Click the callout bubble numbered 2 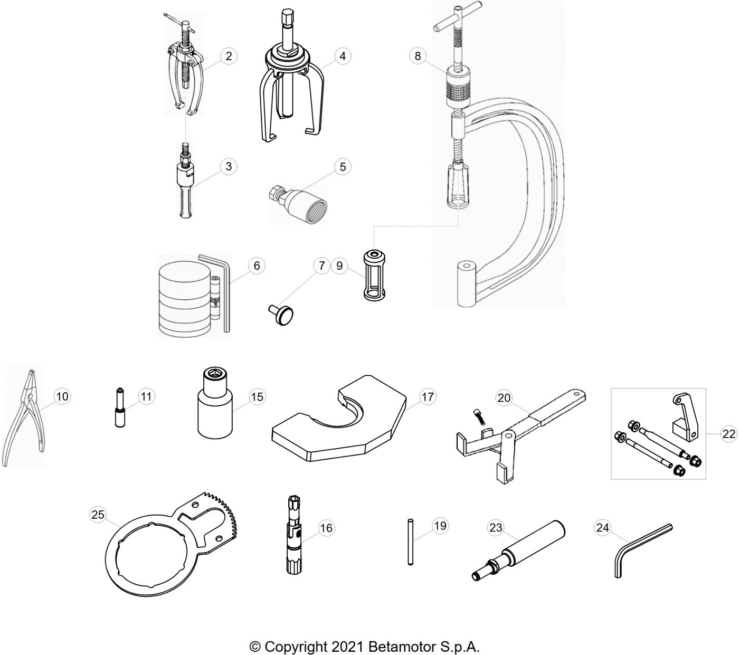point(229,56)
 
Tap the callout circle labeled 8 point(418,56)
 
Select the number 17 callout point(428,396)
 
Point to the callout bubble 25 point(98,515)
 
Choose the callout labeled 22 point(729,434)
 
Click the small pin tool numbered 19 point(410,542)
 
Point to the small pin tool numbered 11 point(120,408)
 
